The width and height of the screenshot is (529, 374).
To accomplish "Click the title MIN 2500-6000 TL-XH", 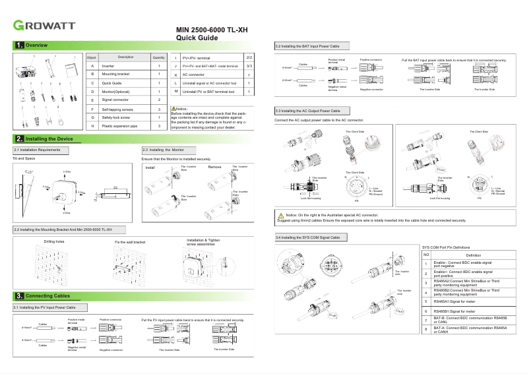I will click(212, 31).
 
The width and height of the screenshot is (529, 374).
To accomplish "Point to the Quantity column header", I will click(159, 57).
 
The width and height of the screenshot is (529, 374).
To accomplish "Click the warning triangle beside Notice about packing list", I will click(173, 108).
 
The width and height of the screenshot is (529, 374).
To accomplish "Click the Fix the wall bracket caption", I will click(129, 242).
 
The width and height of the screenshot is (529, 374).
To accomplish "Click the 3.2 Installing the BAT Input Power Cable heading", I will click(307, 47).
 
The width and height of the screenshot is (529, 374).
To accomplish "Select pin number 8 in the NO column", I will click(426, 328).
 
